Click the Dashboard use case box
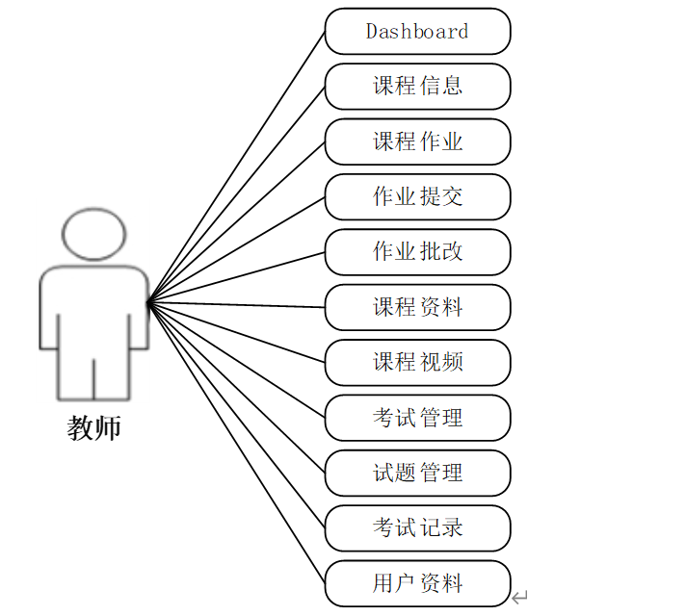tap(417, 31)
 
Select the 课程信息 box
tap(417, 86)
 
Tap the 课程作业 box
tap(417, 141)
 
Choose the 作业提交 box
tap(417, 196)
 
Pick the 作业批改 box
tap(417, 251)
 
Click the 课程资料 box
tap(417, 307)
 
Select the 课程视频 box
tap(417, 362)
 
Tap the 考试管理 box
tap(417, 418)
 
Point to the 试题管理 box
tap(417, 473)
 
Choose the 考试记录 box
tap(417, 527)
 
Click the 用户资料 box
tap(417, 583)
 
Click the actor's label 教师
tap(94, 427)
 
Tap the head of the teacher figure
tap(93, 234)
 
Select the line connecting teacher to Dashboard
tap(237, 167)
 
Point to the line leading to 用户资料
tap(237, 444)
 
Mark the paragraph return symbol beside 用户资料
tap(520, 598)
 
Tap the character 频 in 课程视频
tap(452, 362)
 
